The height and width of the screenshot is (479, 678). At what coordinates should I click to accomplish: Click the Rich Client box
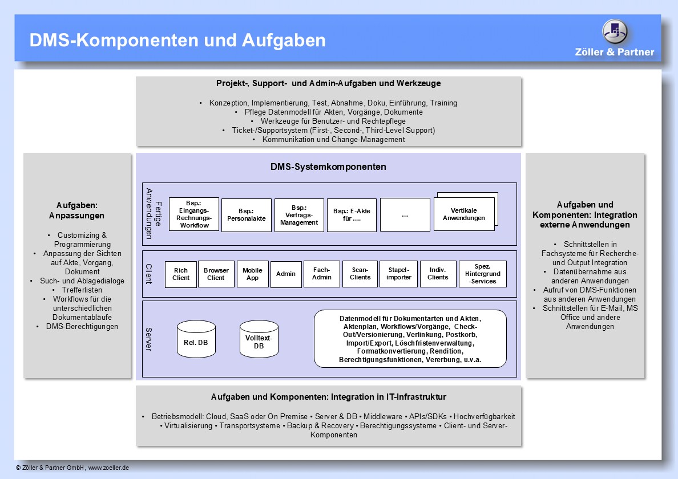click(x=181, y=274)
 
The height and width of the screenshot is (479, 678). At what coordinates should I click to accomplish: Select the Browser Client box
click(x=216, y=274)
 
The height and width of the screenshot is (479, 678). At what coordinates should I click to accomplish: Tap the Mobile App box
click(x=252, y=274)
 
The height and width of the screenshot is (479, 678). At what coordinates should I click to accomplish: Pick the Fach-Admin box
click(x=322, y=274)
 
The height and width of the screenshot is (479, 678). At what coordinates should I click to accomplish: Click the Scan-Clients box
click(x=360, y=274)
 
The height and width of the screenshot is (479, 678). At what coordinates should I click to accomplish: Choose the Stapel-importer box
click(x=399, y=274)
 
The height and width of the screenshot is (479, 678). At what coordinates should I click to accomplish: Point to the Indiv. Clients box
click(x=438, y=274)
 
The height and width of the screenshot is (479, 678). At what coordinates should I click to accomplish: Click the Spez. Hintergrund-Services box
click(x=483, y=274)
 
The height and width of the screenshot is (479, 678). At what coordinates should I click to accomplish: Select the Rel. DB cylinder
click(x=196, y=339)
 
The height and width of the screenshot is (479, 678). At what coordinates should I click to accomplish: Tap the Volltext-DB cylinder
click(x=259, y=339)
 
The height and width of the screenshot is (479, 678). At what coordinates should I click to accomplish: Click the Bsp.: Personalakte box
click(x=247, y=215)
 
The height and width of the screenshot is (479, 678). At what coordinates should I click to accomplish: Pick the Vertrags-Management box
click(x=299, y=215)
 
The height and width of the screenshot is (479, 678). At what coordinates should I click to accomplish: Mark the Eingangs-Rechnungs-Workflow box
click(x=194, y=214)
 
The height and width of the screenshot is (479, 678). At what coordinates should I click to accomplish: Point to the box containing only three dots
click(x=405, y=214)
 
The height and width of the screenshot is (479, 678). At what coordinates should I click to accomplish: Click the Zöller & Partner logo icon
click(x=615, y=32)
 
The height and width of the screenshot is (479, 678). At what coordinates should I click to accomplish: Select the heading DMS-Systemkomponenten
click(x=328, y=167)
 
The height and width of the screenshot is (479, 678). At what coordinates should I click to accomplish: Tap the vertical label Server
click(x=148, y=339)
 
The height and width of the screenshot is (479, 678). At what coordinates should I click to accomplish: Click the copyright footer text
click(x=72, y=468)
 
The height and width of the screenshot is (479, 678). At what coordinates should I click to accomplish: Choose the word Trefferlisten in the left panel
click(x=82, y=290)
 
